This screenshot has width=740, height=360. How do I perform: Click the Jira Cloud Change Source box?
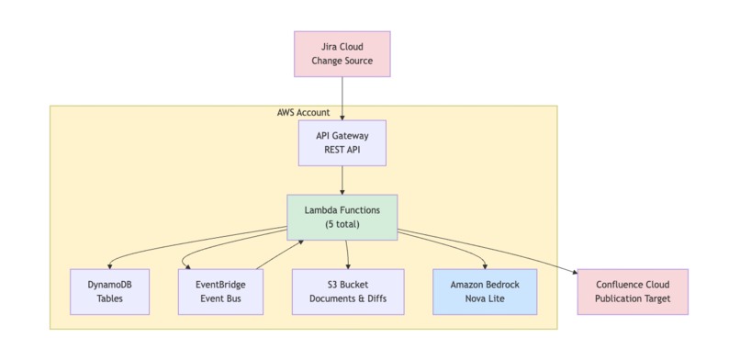tap(342, 53)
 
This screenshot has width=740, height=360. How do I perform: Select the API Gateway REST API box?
tap(342, 142)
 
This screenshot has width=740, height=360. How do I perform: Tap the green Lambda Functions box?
tap(342, 217)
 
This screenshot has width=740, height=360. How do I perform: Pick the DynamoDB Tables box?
tap(109, 291)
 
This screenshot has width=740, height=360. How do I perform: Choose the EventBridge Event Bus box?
tap(218, 291)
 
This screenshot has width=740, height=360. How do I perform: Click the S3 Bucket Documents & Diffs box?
tap(347, 291)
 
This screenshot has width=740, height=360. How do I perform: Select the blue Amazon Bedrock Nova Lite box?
tap(485, 291)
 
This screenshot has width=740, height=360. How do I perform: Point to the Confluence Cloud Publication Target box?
tap(632, 291)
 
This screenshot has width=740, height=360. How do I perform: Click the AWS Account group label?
tap(303, 112)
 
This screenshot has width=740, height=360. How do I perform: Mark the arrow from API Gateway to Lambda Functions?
tap(342, 179)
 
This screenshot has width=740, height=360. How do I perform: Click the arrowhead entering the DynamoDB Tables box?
tap(110, 265)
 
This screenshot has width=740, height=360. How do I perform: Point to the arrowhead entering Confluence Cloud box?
tap(574, 272)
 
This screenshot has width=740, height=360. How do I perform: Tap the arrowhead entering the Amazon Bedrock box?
tap(485, 265)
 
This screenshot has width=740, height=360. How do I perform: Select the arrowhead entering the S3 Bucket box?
tap(348, 265)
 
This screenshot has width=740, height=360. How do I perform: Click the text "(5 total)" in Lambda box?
tap(342, 224)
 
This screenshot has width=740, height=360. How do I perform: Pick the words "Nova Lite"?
tap(485, 298)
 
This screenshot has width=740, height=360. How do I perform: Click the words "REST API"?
tap(342, 150)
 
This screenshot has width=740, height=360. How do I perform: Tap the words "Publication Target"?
tap(632, 298)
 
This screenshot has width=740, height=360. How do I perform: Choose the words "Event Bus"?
tap(218, 298)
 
